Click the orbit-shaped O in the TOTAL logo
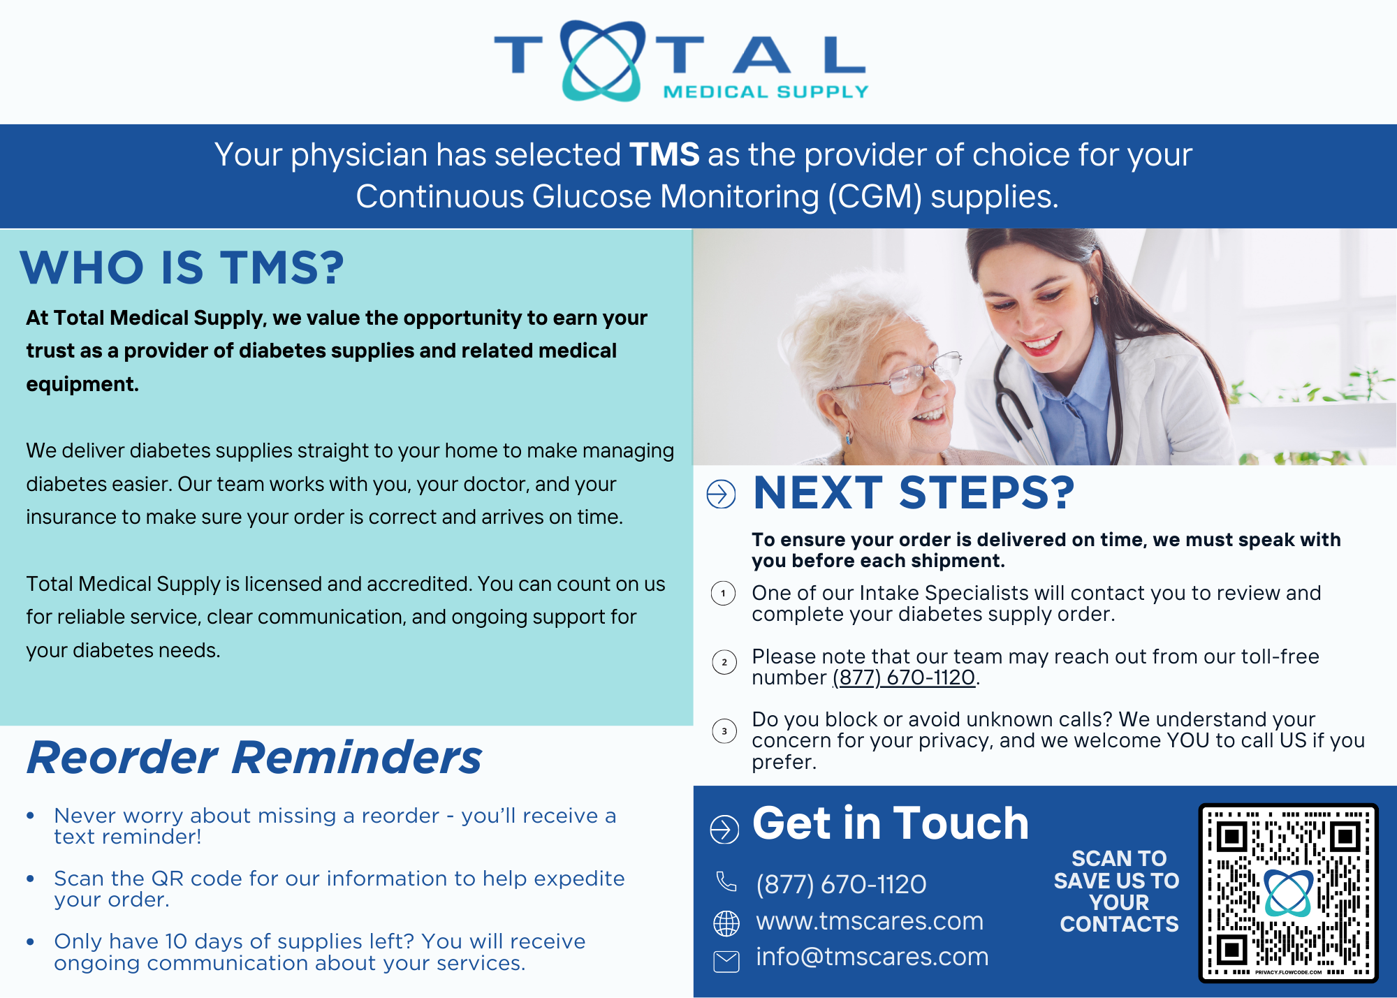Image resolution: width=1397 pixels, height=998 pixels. [x=601, y=61]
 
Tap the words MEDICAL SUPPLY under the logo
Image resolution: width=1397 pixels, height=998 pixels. [x=766, y=91]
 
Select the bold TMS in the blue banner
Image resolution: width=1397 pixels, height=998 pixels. [x=664, y=154]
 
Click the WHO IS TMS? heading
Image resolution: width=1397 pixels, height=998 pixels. [x=182, y=267]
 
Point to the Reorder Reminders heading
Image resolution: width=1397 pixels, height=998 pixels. [x=254, y=757]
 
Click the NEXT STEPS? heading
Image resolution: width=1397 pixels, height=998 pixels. [x=914, y=492]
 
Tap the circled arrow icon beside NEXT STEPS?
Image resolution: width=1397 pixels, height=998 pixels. [x=721, y=494]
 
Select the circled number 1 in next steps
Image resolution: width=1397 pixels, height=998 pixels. [x=724, y=594]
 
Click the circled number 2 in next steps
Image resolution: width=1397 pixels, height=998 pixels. [x=724, y=662]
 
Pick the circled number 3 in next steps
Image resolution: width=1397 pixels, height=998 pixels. [x=724, y=731]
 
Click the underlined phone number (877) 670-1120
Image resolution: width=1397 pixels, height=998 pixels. [x=904, y=677]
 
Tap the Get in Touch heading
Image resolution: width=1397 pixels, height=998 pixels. [x=891, y=823]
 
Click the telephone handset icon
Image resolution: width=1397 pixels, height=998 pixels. [x=726, y=881]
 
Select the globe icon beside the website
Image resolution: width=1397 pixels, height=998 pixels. [x=726, y=923]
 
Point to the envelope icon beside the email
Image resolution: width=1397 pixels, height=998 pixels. [x=726, y=962]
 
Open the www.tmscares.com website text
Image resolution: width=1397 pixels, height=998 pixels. [x=870, y=921]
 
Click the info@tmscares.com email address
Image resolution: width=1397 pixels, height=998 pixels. [x=872, y=957]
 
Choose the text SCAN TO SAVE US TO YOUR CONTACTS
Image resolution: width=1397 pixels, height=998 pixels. [x=1118, y=891]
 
